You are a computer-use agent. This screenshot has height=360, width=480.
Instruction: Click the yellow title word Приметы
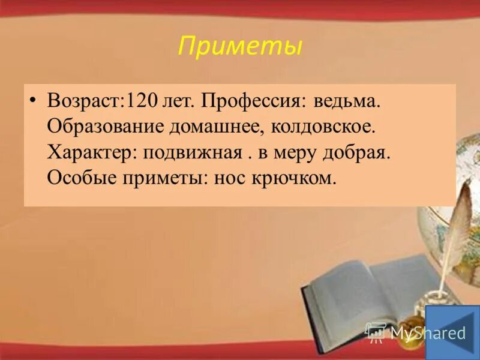point(240,47)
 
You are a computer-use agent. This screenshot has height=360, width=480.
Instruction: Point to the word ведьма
point(344,100)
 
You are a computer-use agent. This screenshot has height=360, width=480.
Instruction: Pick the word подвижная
point(192,152)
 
